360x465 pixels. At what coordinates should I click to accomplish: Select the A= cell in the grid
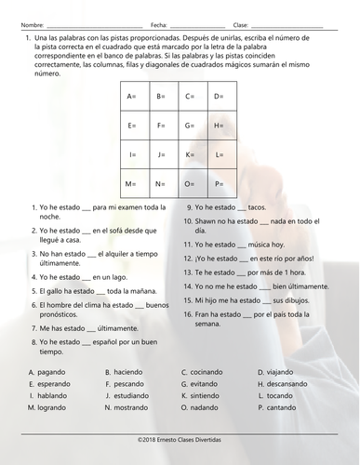132,97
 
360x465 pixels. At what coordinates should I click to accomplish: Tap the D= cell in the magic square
219,97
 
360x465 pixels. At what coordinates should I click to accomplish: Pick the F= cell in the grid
161,126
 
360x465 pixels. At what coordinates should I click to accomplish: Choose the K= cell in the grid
190,154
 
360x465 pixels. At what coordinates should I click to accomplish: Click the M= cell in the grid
132,183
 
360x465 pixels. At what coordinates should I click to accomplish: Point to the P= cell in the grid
219,183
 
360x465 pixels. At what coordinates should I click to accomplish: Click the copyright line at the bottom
180,436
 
